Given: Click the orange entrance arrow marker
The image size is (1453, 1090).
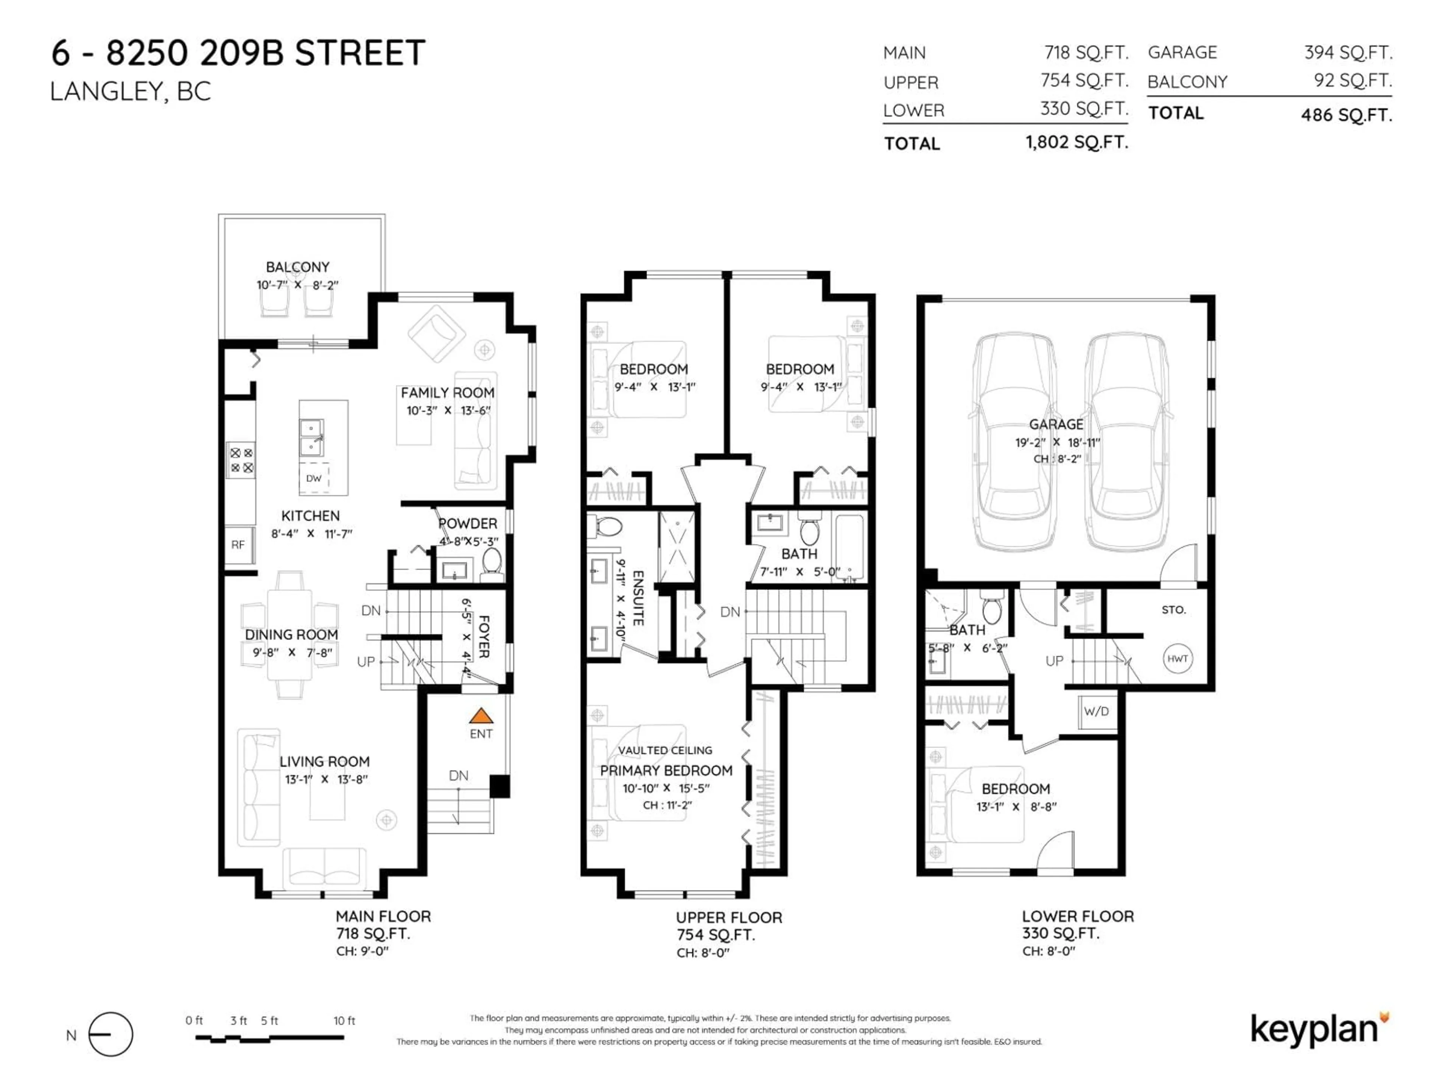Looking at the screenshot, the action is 481,715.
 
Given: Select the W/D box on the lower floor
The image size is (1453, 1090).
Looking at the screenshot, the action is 1096,711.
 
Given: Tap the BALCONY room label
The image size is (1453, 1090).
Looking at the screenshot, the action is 297,267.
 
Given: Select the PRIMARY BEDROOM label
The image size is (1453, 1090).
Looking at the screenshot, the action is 666,770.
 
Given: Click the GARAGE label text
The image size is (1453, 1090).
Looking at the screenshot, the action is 1056,424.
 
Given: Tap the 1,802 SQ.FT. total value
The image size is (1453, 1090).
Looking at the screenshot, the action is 1077,142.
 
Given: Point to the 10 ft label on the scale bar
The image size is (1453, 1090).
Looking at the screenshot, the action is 344,1020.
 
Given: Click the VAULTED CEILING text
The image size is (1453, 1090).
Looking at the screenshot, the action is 665,750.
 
